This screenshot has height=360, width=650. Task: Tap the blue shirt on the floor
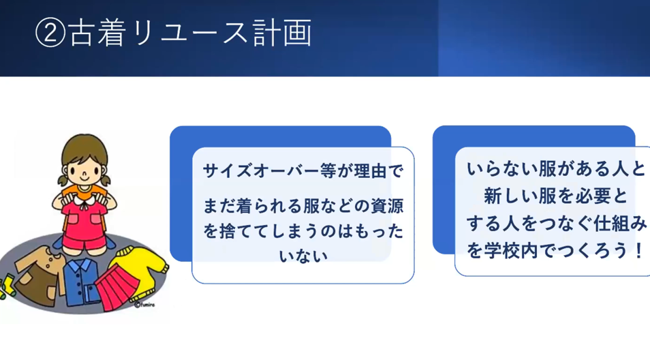[81, 282]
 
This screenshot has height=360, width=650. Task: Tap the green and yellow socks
[6, 286]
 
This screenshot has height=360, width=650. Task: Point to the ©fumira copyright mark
[144, 305]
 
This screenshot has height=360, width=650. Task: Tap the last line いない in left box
[303, 256]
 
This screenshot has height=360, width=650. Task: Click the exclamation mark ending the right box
[639, 251]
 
